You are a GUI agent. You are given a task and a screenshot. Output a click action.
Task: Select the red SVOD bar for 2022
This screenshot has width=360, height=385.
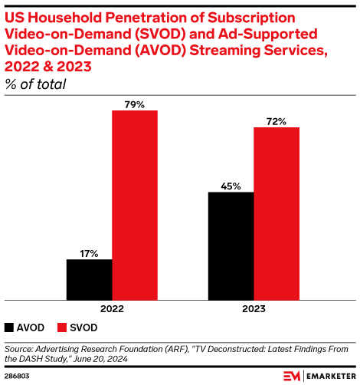pos(135,204)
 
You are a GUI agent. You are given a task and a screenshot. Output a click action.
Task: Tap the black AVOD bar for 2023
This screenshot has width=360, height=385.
pos(231,245)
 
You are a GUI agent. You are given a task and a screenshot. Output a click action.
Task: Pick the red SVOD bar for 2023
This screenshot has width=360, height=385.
pos(277,212)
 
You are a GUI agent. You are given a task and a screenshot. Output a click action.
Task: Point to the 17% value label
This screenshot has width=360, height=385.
pos(89,252)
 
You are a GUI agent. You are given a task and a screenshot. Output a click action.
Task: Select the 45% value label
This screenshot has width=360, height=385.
pos(231,185)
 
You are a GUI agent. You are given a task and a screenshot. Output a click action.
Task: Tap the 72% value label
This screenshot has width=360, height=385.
pos(277,120)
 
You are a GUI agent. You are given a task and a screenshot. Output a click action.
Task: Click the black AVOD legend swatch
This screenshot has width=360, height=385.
pos(9,327)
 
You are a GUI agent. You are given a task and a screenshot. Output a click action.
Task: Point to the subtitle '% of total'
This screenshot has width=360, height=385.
pos(35,84)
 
